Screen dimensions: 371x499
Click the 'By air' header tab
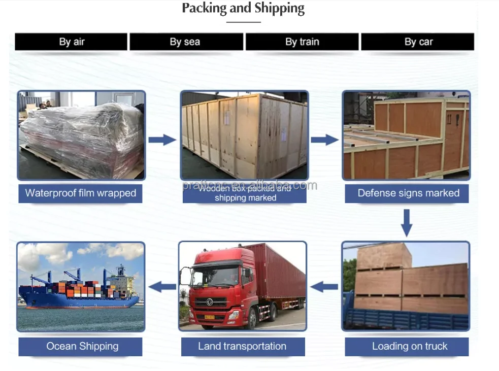(x=71, y=42)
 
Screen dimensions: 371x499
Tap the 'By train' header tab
(x=302, y=42)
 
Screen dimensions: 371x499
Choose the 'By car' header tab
(x=418, y=42)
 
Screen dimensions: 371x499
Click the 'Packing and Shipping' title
(x=243, y=9)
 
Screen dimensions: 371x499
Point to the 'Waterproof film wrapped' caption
(x=81, y=193)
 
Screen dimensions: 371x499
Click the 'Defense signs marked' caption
(x=408, y=193)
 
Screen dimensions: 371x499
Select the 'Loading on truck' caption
(x=409, y=347)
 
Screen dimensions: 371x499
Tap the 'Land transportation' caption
(x=242, y=347)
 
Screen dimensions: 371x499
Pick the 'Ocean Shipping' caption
(x=82, y=347)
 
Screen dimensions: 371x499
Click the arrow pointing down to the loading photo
(x=406, y=222)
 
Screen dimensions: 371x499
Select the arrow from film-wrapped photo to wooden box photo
(x=162, y=140)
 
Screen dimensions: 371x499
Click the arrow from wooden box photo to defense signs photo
(x=324, y=140)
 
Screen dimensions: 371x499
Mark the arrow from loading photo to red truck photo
(x=324, y=287)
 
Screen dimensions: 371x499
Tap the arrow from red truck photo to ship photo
(x=162, y=287)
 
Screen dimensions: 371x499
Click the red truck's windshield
(x=214, y=277)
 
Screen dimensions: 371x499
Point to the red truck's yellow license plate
(x=209, y=317)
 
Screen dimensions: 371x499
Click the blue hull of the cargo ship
(x=76, y=301)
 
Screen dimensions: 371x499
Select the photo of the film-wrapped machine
(x=81, y=136)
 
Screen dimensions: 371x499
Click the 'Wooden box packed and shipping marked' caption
(x=245, y=193)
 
